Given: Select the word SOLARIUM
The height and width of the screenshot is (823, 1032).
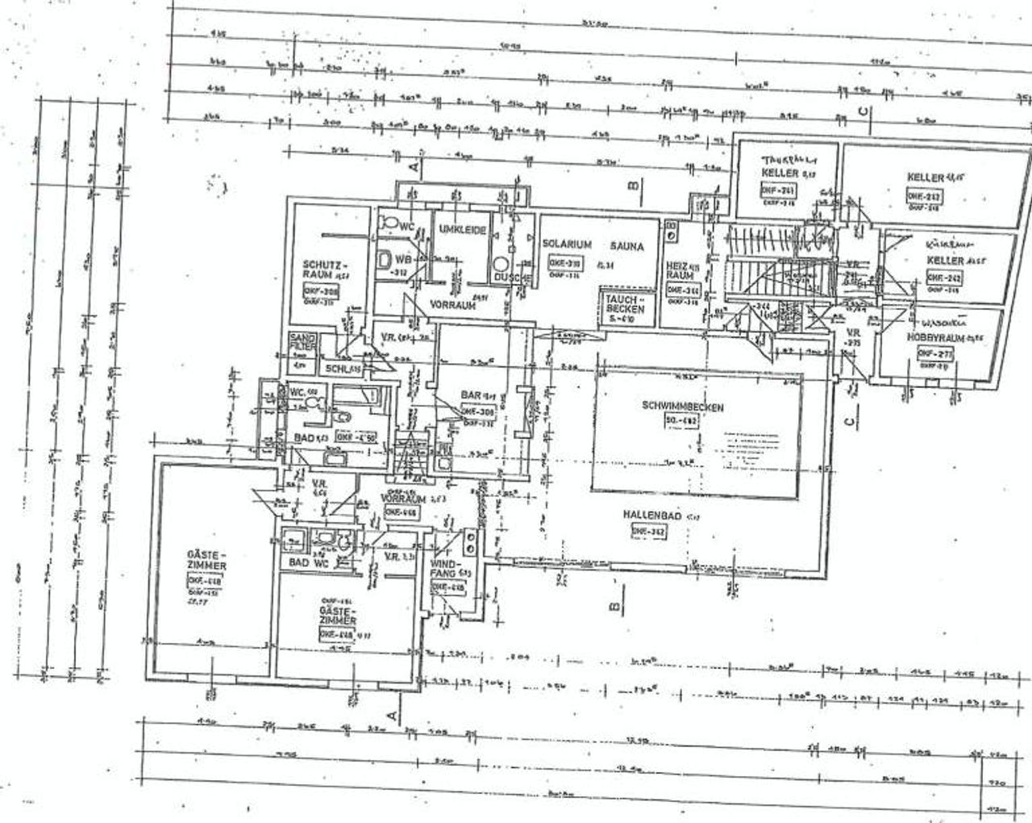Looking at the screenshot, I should point(568,244).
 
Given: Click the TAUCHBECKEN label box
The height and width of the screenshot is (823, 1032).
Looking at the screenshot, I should point(623,307).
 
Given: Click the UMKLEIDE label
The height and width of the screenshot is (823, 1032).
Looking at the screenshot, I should point(463,231).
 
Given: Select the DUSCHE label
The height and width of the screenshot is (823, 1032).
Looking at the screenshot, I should point(511,278).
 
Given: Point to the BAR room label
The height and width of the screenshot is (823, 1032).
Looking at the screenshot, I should point(470,395).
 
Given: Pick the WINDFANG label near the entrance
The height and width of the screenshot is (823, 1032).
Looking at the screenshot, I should point(445,567).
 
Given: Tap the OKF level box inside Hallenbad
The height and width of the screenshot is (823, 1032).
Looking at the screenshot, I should point(647,531).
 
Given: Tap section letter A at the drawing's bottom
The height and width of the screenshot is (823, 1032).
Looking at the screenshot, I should point(393,713).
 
